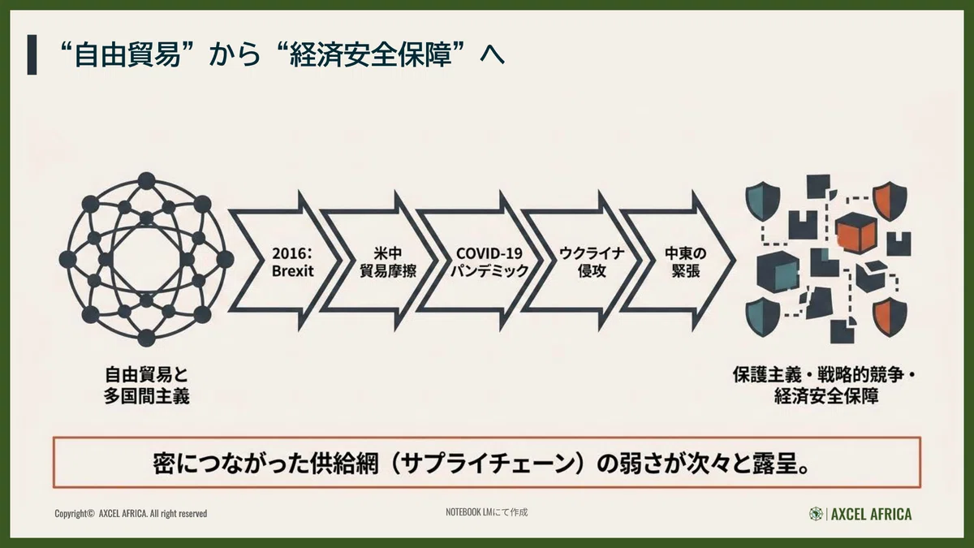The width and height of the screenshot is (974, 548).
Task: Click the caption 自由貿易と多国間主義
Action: coord(147,386)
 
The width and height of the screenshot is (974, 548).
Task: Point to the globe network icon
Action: coord(146,259)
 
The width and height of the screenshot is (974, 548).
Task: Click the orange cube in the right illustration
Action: coord(855,235)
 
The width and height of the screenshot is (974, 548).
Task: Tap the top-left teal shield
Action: coord(763,200)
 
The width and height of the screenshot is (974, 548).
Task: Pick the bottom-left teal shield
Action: coord(763,317)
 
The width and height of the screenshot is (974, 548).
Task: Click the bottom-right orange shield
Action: coord(890,317)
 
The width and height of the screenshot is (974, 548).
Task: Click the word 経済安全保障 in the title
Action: coord(370,55)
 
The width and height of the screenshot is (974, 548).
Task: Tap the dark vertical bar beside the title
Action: coord(32,55)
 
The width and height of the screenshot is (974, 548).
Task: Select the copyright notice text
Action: coord(131,514)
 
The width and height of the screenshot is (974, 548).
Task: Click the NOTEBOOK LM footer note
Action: coord(486,512)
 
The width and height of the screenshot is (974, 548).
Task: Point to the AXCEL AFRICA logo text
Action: coord(871,514)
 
